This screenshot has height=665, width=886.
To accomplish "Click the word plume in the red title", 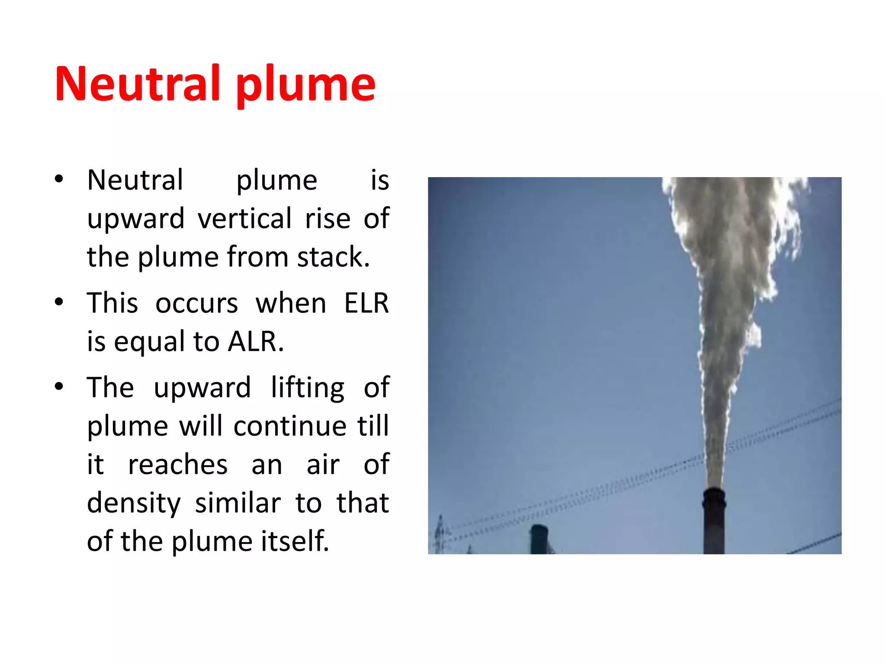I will point(305,85).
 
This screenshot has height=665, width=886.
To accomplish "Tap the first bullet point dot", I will point(59,179).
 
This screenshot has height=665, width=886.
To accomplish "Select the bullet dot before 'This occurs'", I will point(59,302).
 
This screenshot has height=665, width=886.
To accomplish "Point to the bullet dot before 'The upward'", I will point(59,386).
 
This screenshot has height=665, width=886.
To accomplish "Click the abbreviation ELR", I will point(366,303).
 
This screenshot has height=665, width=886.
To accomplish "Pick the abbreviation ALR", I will point(255,342).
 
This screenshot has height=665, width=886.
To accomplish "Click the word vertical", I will point(245,218).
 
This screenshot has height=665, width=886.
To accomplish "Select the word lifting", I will point(308,387).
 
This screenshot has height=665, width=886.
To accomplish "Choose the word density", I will point(134,504).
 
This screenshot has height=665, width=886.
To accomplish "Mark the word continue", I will point(290,426).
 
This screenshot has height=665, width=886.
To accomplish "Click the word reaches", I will point(178,465).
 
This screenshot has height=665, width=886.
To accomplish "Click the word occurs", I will point(196,303).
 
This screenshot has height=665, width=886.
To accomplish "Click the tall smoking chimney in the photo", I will point(714,520).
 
